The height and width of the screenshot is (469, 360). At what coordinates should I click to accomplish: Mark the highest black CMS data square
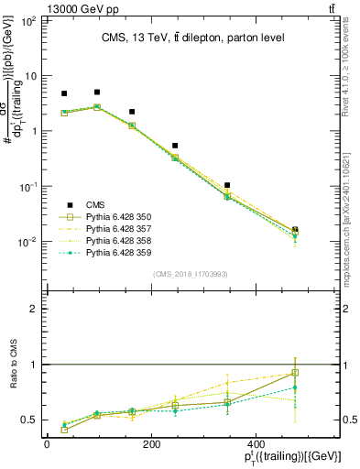97,92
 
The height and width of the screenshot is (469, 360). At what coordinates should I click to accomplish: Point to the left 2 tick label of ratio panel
34,309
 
